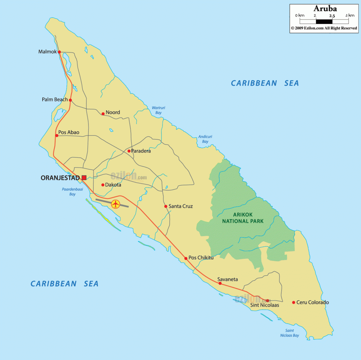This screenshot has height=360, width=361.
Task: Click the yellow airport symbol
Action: tap(115, 204)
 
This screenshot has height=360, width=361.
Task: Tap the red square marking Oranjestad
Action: tap(84, 178)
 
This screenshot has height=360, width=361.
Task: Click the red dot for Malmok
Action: tap(60, 52)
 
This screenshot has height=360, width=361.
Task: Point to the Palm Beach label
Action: tap(55, 100)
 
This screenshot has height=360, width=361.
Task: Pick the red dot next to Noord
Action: tap(103, 114)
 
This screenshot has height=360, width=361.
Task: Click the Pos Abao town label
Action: tap(69, 133)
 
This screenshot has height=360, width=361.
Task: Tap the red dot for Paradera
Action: tap(129, 151)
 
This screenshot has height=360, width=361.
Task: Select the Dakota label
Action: tap(113, 185)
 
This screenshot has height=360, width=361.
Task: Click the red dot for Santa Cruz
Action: tap(166, 206)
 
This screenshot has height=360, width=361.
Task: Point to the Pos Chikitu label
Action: tap(201, 258)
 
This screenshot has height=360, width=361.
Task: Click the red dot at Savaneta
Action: tap(220, 283)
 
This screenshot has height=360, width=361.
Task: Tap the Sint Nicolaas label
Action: tap(265, 305)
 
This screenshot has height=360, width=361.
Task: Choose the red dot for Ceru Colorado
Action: tap(293, 302)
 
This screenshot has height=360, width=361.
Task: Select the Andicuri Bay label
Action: tap(203, 139)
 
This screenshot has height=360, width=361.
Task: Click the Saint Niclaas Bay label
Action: tap(290, 333)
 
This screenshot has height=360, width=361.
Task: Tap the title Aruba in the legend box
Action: tap(325, 8)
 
